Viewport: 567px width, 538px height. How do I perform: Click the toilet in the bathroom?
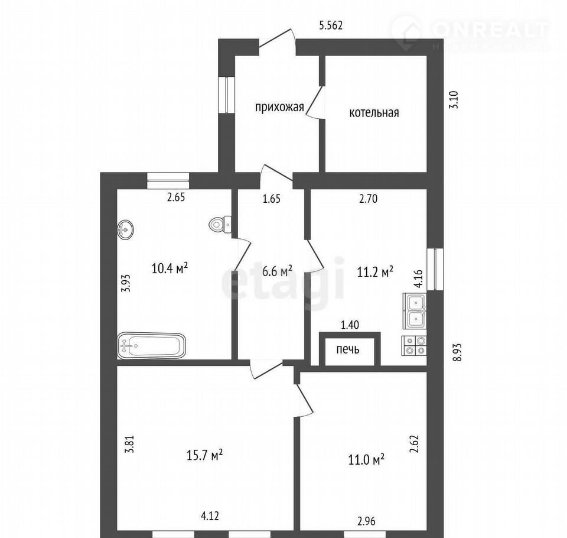click(x=220, y=224)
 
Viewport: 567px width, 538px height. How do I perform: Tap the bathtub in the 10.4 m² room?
click(x=151, y=346)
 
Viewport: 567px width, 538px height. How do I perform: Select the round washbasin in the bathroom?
click(x=125, y=229)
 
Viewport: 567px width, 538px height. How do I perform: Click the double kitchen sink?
click(x=415, y=310)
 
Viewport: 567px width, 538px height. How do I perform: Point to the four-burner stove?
click(x=415, y=345)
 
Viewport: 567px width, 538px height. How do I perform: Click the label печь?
click(x=348, y=349)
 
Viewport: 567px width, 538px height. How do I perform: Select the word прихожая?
click(x=279, y=108)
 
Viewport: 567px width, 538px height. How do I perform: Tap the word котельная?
click(x=374, y=112)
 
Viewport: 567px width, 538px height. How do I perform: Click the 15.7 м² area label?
click(x=204, y=455)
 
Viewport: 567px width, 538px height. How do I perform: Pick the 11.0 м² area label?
click(x=366, y=459)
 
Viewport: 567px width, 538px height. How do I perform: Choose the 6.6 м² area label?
click(x=278, y=270)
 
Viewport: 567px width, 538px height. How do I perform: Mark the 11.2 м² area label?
click(x=375, y=271)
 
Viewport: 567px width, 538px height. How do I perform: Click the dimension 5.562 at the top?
click(x=331, y=25)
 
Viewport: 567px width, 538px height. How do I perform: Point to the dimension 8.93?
click(x=458, y=352)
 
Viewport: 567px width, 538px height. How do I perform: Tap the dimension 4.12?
click(x=210, y=515)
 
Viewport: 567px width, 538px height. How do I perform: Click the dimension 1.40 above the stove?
click(x=350, y=325)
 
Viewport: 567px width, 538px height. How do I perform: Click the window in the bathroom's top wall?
click(x=168, y=180)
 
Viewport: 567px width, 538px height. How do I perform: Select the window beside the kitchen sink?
click(x=435, y=269)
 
